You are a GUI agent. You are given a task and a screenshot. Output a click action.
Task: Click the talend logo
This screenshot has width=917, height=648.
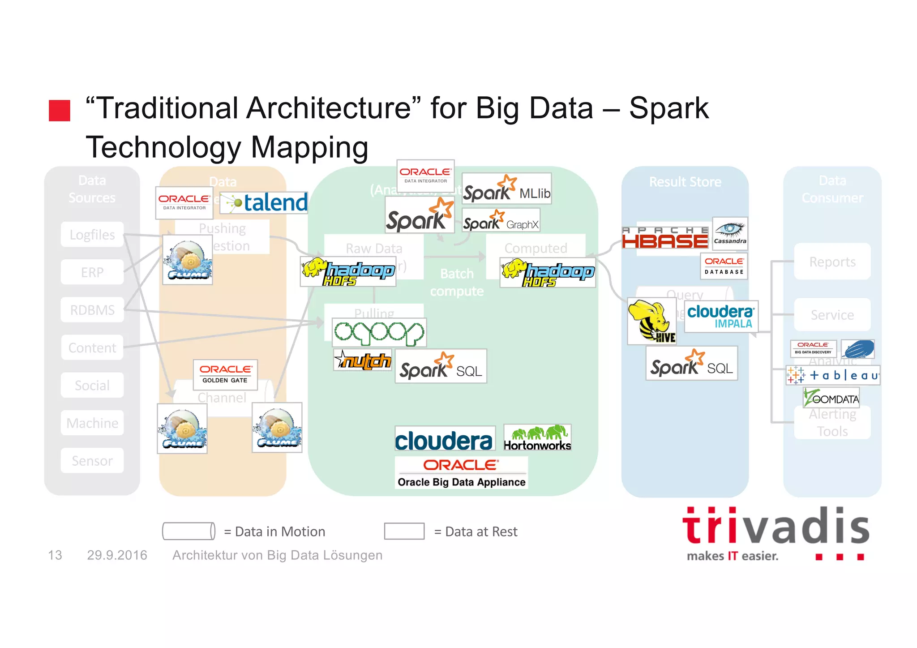264,203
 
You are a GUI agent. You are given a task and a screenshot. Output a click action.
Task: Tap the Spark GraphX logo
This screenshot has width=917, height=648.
501,220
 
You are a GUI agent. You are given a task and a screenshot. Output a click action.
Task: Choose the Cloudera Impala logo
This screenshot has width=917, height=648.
721,317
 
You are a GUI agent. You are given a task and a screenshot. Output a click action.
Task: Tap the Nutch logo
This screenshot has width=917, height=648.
363,360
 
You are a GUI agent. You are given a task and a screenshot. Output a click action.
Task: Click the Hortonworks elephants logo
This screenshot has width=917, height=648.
537,438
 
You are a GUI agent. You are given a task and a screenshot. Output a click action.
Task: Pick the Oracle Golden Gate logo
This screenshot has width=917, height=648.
225,374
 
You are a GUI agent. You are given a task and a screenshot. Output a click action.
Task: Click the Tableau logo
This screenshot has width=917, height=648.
833,375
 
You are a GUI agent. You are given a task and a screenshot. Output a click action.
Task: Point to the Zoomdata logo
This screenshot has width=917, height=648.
831,398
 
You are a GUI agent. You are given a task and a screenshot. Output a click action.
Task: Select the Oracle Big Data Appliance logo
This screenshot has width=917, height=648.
461,472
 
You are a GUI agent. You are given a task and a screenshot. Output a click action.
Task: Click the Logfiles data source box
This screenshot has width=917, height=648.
92,235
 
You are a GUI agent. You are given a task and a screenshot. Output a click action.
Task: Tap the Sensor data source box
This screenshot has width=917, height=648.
92,461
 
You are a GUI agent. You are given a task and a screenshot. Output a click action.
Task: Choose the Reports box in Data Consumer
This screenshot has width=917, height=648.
832,262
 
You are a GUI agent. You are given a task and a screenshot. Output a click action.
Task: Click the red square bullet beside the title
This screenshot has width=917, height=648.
60,111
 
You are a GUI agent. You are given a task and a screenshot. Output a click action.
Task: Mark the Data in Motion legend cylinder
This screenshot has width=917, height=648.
189,531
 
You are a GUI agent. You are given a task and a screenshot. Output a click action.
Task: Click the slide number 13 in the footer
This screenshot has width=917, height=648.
55,555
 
